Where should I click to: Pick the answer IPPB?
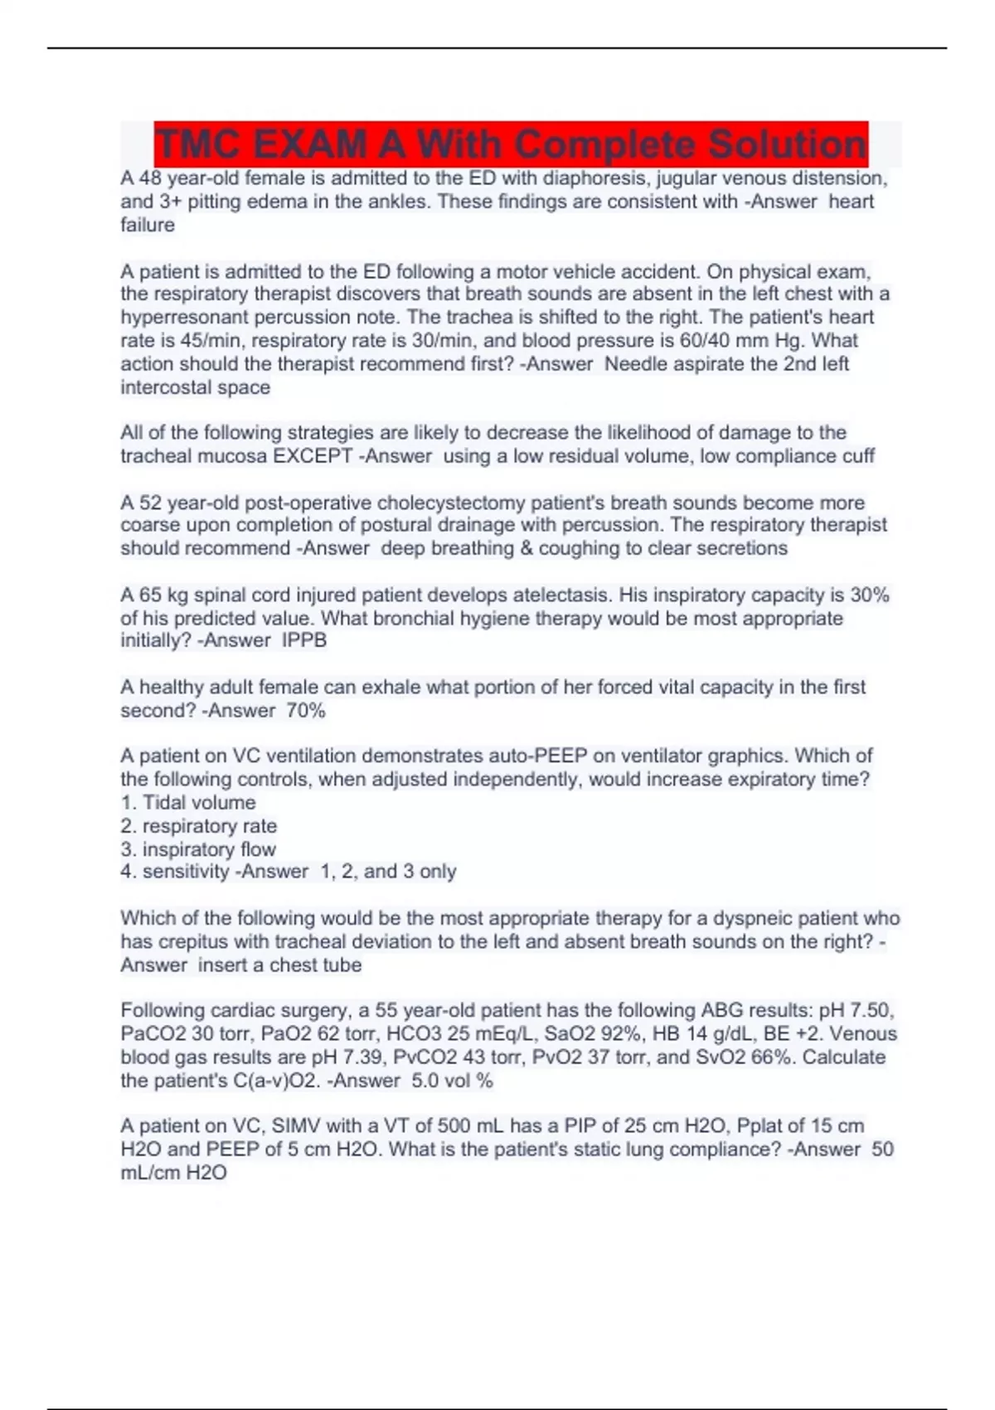(304, 640)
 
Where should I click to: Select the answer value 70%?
(306, 711)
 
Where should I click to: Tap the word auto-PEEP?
(537, 756)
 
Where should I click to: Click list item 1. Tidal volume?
(188, 803)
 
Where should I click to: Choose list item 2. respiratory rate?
(199, 826)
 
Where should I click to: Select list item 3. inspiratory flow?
(198, 849)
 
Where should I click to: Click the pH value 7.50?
(869, 1011)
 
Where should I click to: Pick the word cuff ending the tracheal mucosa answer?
(857, 456)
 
